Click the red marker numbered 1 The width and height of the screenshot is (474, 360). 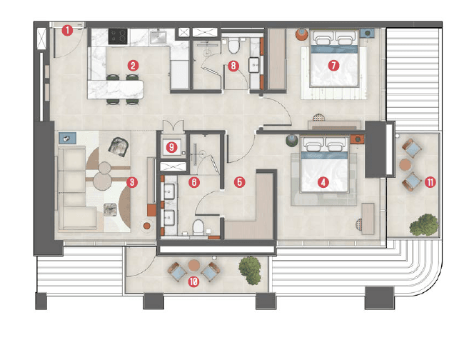coord(66,30)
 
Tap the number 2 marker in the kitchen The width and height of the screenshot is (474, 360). coord(132,65)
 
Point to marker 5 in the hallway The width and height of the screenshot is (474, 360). coord(239,182)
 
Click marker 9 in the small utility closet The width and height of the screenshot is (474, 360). coord(171,147)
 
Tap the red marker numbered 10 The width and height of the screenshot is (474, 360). coord(193,281)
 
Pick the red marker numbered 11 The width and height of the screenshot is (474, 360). coord(430,181)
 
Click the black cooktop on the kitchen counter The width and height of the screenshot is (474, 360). coord(117,34)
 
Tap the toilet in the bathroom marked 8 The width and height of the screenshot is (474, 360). coord(234,46)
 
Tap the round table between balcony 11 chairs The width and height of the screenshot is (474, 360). coord(405,165)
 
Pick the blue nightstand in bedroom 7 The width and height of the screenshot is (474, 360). coord(367,33)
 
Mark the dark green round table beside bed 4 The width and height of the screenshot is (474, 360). coord(291,140)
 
